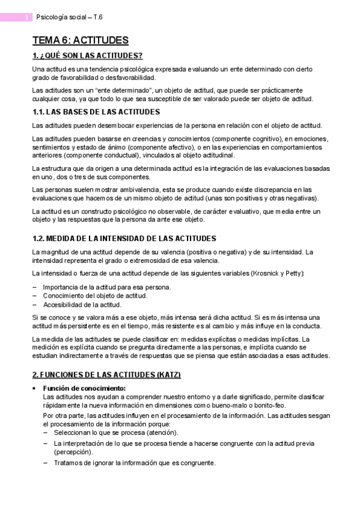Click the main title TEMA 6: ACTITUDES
(81, 41)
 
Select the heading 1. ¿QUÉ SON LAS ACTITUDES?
(87, 57)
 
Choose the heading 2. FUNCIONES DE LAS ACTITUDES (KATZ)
(106, 374)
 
